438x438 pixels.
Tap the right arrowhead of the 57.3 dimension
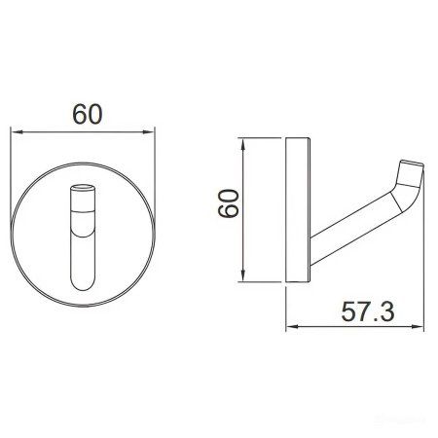[423, 326]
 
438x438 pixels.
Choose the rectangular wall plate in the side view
[297, 213]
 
